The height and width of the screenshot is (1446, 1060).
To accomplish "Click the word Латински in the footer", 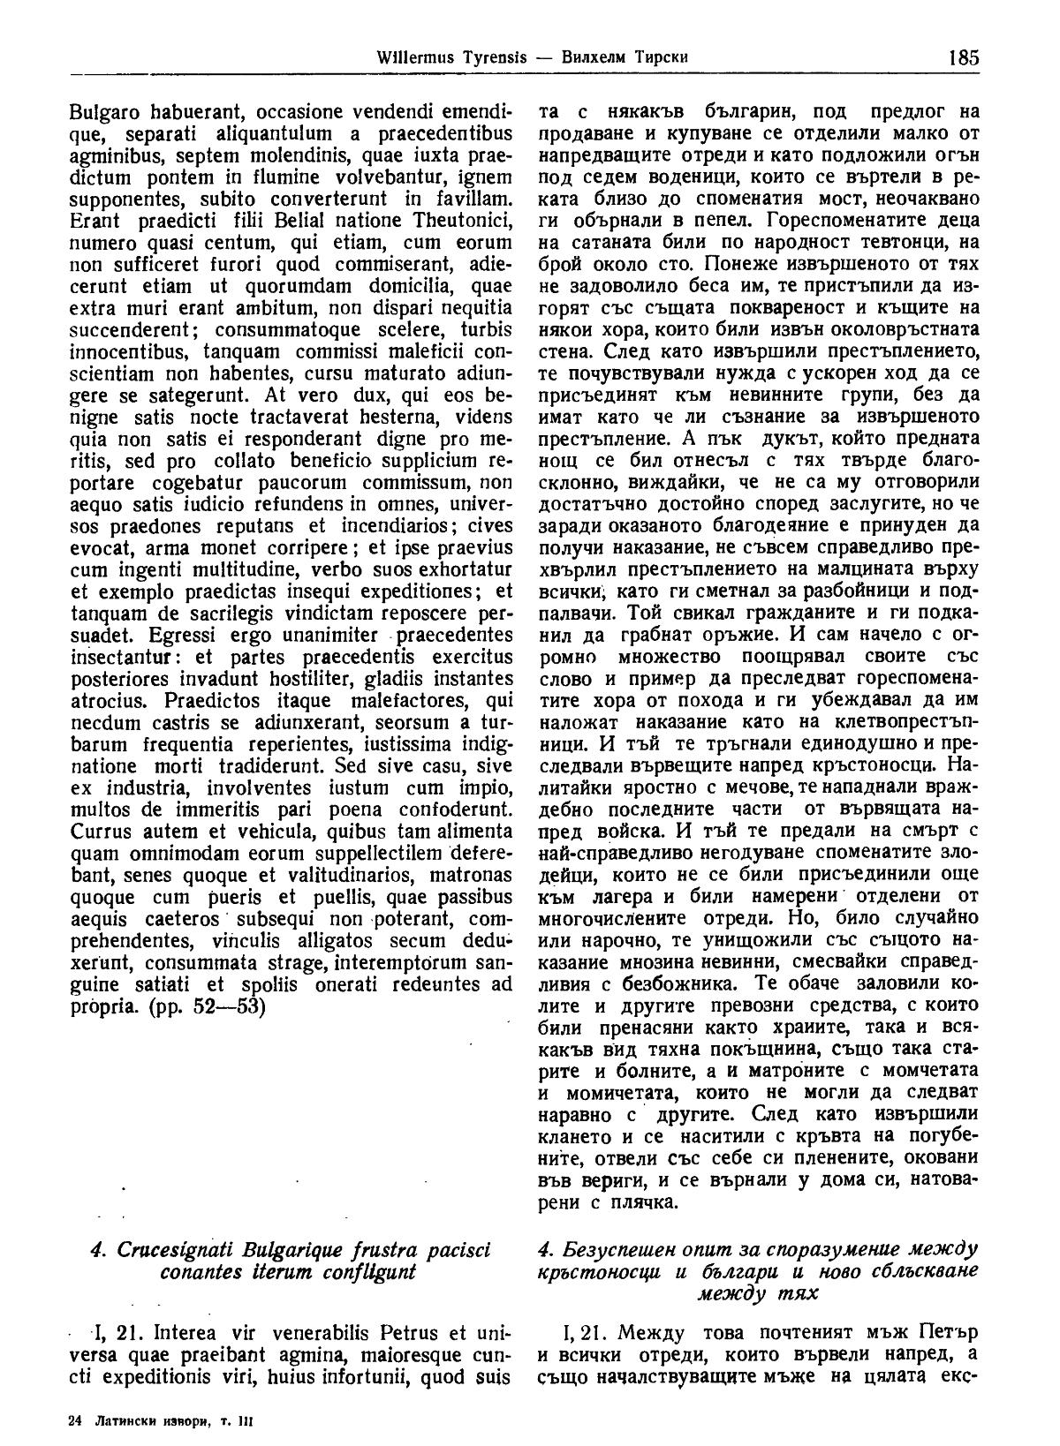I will [x=128, y=1421].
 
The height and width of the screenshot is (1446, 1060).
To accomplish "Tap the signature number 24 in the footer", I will [x=74, y=1421].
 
